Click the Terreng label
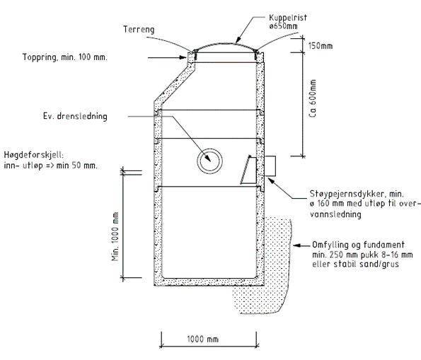tap(139, 29)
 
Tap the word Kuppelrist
tap(288, 18)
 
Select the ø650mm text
tap(283, 26)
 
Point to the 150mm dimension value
tap(321, 46)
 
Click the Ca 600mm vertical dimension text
tap(313, 98)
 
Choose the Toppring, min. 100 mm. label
tap(64, 57)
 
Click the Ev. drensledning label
tap(75, 116)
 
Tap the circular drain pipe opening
tap(209, 161)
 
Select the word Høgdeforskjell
tap(34, 155)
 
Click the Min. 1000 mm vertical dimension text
tap(115, 236)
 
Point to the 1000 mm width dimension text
tap(202, 339)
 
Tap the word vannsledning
tap(335, 214)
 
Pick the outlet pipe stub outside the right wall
tap(270, 166)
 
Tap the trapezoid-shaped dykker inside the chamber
tap(248, 170)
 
